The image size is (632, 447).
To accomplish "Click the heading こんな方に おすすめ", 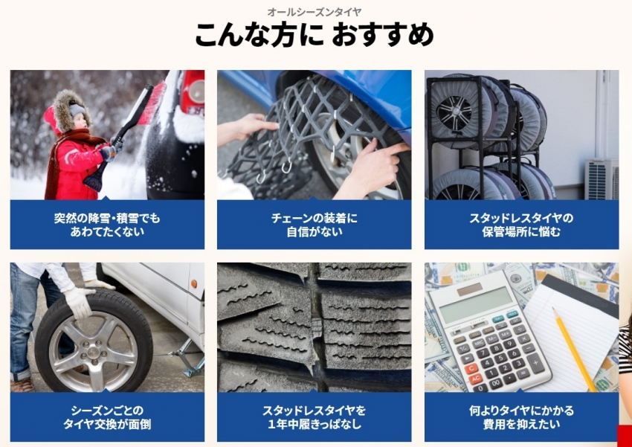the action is click(315, 36).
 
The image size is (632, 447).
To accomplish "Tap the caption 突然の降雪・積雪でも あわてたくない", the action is click(107, 225).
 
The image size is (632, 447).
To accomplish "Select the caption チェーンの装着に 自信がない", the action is click(315, 225).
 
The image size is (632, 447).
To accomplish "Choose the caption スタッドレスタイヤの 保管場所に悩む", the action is click(521, 225).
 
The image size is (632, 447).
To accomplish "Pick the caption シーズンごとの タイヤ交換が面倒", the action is click(107, 418).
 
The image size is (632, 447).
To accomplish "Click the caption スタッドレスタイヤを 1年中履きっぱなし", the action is click(315, 418).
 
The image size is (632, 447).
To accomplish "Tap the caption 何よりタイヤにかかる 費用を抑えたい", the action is click(521, 418).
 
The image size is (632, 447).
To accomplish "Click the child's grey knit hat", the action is click(77, 109).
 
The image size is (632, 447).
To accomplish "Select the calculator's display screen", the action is click(476, 304).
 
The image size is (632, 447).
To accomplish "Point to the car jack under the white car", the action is click(188, 357).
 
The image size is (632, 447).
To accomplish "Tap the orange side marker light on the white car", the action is click(195, 284).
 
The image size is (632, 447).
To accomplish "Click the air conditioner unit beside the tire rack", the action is click(602, 179).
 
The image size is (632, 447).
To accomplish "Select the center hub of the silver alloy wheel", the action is click(94, 350).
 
